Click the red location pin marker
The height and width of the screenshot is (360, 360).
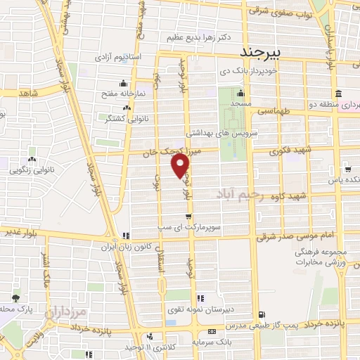tap(181, 165)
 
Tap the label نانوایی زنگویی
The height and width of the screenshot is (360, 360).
tap(33, 169)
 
